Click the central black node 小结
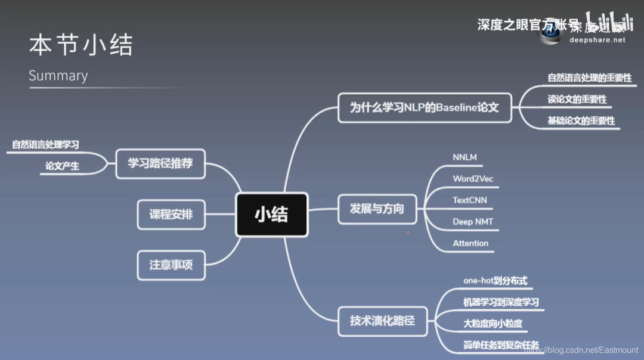coord(271,214)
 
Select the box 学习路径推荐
coord(160,163)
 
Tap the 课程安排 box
coord(171,214)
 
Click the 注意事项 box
coord(171,264)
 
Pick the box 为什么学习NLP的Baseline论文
coord(424,108)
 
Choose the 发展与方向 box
coord(377,209)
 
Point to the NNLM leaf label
coord(465,157)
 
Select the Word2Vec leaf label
coord(473,179)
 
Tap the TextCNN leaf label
coord(470,200)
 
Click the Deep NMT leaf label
coord(473,222)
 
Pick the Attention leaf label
coord(470,243)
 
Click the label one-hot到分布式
coord(495,280)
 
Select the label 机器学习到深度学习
coord(501,302)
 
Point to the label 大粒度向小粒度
coord(493,324)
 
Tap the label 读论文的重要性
coord(577,99)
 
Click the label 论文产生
coord(62,166)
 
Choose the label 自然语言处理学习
coord(45,144)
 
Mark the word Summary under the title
coord(58,76)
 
